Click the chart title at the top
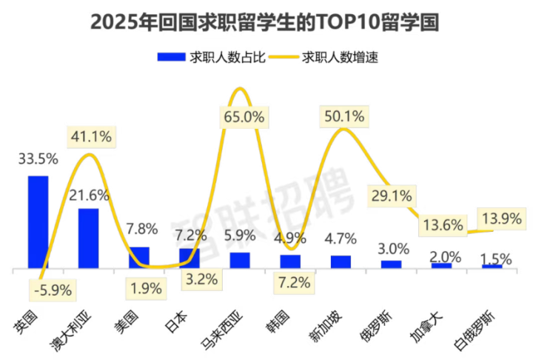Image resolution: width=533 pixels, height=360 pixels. (266, 22)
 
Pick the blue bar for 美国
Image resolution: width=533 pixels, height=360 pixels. (139, 256)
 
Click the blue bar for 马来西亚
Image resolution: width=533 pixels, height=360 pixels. (240, 259)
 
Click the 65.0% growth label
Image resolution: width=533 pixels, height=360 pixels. (242, 117)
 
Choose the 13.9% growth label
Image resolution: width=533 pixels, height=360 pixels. (497, 219)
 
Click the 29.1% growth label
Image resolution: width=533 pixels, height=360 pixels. (393, 197)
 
